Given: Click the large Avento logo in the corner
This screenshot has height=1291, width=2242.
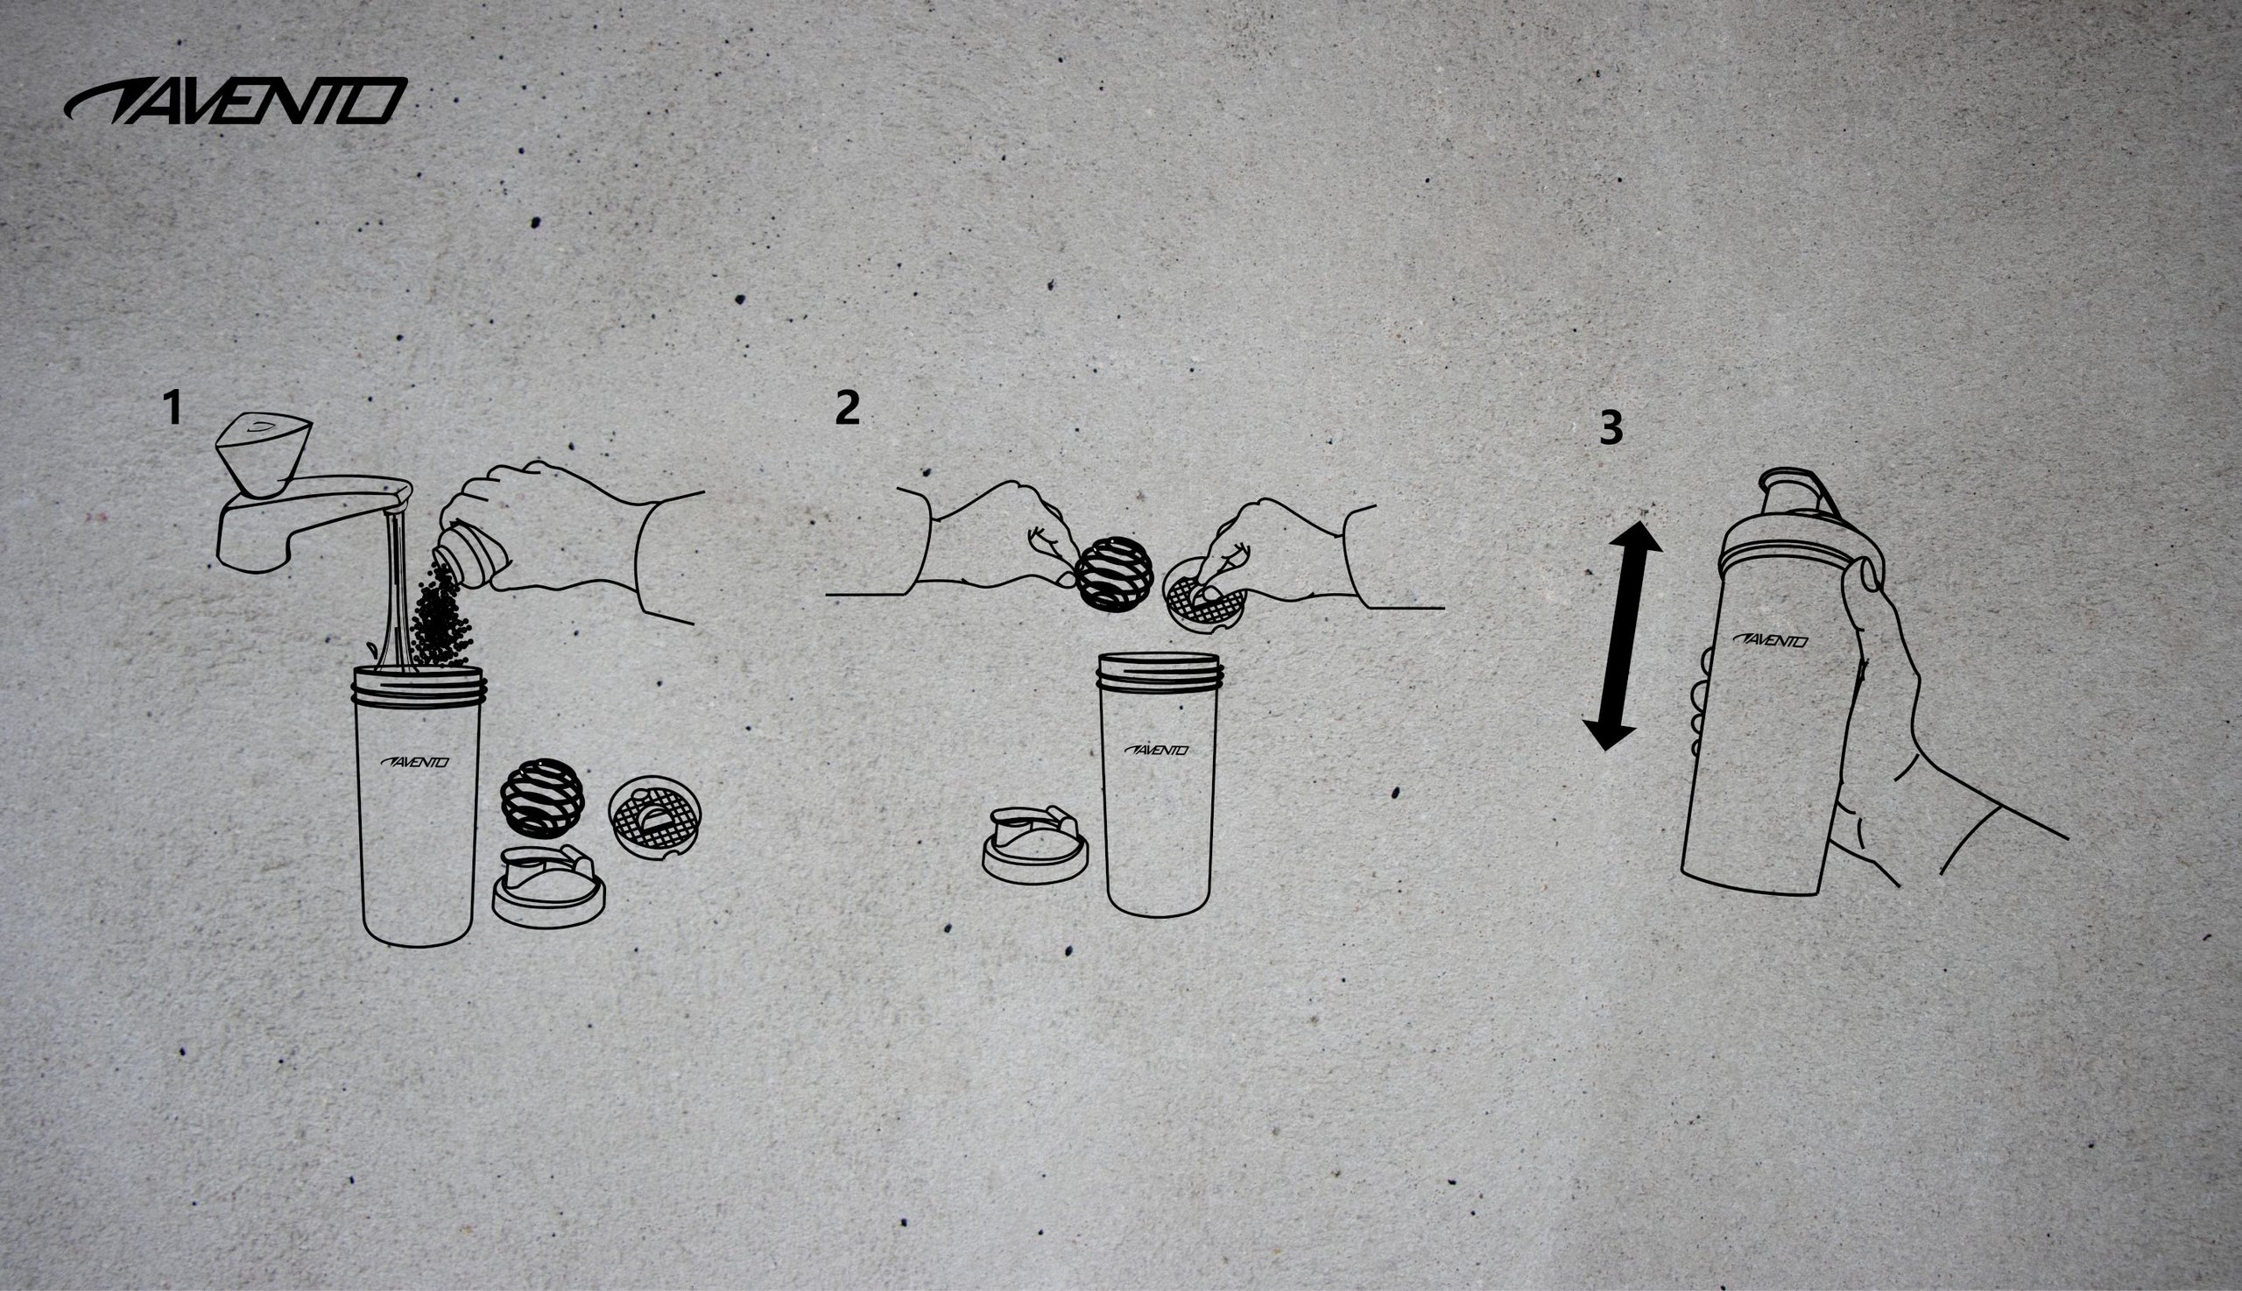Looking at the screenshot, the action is tap(236, 100).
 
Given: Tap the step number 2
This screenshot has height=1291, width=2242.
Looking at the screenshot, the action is tap(847, 409).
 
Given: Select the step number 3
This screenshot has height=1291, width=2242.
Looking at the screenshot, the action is tap(1611, 427).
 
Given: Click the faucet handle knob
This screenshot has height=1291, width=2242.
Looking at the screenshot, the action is tap(264, 454).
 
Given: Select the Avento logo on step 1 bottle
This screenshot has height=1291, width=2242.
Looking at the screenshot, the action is tap(415, 762).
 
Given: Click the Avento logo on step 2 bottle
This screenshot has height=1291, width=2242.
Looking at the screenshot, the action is tap(1157, 750).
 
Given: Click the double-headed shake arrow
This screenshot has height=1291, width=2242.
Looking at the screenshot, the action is tap(1621, 636).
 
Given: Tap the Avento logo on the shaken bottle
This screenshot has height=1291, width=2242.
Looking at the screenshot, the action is tap(1769, 641).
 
